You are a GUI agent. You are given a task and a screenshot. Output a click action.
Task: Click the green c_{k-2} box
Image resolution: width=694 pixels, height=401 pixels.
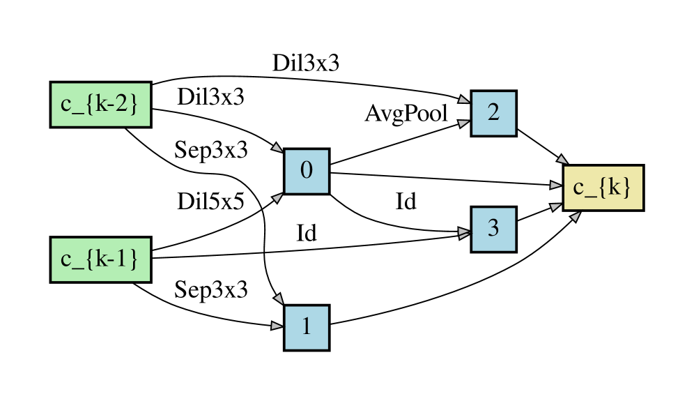pos(100,105)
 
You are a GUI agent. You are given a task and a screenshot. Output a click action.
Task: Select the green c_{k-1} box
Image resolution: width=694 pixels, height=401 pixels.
pos(100,259)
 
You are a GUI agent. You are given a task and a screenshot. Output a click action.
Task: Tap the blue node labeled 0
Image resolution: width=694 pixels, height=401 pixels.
pos(306,171)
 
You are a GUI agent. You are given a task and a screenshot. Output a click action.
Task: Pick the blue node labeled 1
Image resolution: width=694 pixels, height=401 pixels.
pos(306,327)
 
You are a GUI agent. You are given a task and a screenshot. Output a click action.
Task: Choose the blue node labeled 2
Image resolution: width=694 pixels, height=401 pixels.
pos(493,113)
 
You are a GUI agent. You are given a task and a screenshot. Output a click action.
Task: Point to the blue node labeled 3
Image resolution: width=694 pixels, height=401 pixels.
pos(493,229)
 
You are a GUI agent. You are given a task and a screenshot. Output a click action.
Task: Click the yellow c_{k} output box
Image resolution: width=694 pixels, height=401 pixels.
pos(603,188)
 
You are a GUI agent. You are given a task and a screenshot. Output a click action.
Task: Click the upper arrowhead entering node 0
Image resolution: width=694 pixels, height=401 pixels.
pos(277,148)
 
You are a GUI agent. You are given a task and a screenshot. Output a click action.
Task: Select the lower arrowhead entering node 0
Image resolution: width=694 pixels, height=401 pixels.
pos(277,198)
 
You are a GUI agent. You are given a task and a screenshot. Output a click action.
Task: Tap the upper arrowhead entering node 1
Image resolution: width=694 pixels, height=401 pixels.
pos(279,299)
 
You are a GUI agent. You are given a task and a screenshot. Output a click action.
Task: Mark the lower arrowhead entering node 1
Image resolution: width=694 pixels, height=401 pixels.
pos(277,326)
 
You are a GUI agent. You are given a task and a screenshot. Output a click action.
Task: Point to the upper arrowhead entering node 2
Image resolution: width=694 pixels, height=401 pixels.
pos(463,100)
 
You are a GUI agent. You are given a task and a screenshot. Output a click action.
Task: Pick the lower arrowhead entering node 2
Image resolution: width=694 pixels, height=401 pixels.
pos(463,123)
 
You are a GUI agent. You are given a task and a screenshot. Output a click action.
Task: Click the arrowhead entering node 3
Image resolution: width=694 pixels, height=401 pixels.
pos(463,233)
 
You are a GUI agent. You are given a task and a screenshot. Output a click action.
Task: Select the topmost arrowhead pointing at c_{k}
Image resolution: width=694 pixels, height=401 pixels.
pos(562,160)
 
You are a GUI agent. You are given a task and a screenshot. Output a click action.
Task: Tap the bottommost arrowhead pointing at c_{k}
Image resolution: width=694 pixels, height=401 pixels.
pos(576,217)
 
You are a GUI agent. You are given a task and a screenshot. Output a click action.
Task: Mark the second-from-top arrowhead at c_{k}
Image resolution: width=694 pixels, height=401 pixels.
pos(555,185)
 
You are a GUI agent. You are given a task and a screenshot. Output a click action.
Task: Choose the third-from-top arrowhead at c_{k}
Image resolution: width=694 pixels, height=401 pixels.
pos(555,206)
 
